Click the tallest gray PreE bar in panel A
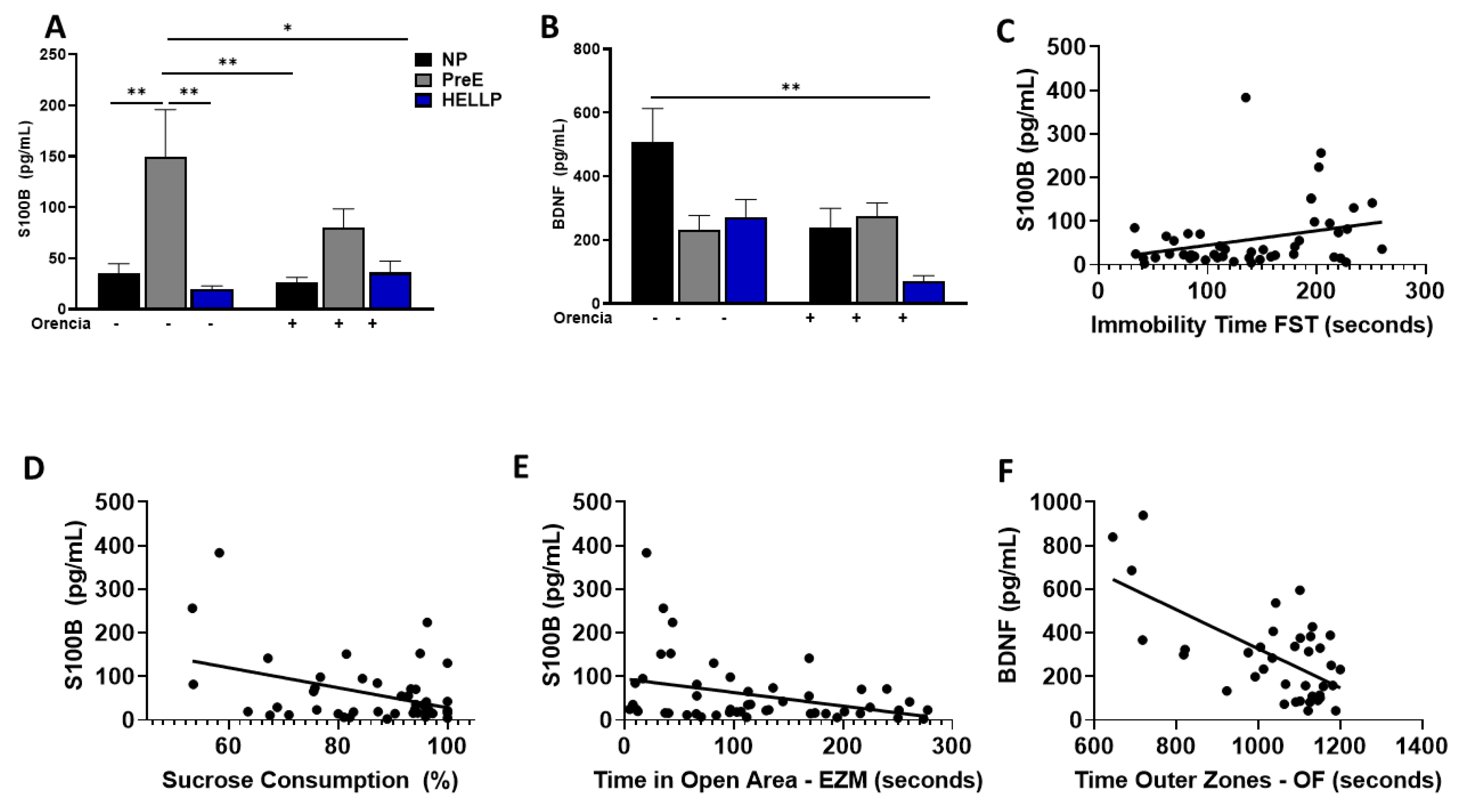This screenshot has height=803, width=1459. coord(166,232)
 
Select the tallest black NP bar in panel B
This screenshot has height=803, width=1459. coord(652,222)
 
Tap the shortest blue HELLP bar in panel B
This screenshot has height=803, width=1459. coord(923,292)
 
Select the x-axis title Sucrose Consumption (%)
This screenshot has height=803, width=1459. coord(310,780)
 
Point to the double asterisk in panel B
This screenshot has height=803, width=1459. coord(791,87)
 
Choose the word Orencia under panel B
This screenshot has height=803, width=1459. coord(582,318)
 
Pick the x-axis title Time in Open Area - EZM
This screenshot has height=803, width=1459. coord(788,780)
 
